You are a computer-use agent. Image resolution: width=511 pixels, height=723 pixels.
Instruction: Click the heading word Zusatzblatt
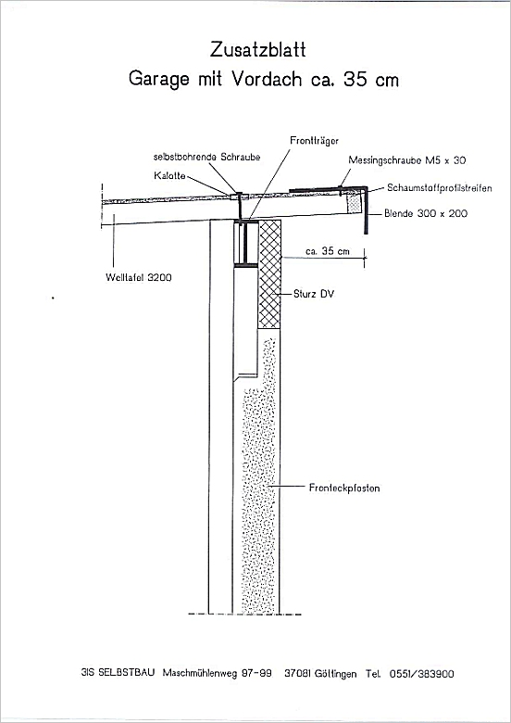pos(257,49)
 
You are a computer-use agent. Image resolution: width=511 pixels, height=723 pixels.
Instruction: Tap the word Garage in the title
pos(158,79)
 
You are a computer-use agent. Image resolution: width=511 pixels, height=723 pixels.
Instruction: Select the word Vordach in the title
pos(266,79)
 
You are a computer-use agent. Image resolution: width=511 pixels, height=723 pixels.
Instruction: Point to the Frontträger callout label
pos(314,141)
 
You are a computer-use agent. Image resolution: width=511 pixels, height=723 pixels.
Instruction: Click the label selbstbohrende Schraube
pos(206,158)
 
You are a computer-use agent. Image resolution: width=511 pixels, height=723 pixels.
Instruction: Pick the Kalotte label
pos(170,176)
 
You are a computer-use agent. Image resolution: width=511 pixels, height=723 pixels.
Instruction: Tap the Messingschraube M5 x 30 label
pos(407,160)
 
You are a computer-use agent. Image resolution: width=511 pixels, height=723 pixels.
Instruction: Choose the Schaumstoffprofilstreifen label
pos(439,188)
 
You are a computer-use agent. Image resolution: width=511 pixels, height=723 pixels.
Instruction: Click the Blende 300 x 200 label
pos(426,213)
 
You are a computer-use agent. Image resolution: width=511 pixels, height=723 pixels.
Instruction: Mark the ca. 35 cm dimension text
pos(328,251)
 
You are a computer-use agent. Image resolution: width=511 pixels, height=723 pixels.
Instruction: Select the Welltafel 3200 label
pos(139,277)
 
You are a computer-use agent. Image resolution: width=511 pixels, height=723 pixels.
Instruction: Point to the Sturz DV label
pos(314,294)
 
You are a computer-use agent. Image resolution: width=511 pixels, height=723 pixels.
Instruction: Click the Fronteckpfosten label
pos(344,488)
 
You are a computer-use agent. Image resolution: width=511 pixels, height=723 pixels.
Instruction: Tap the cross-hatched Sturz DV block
pos(269,274)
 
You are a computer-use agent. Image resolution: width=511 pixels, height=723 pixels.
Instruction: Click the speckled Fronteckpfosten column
pos(260,475)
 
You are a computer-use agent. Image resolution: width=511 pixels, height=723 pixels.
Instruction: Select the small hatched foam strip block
pos(354,203)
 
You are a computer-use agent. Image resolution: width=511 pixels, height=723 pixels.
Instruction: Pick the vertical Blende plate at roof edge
pos(366,210)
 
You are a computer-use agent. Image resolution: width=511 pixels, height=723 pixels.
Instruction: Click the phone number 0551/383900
pos(422,674)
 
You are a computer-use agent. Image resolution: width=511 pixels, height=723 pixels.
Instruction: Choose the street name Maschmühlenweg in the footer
pos(200,673)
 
